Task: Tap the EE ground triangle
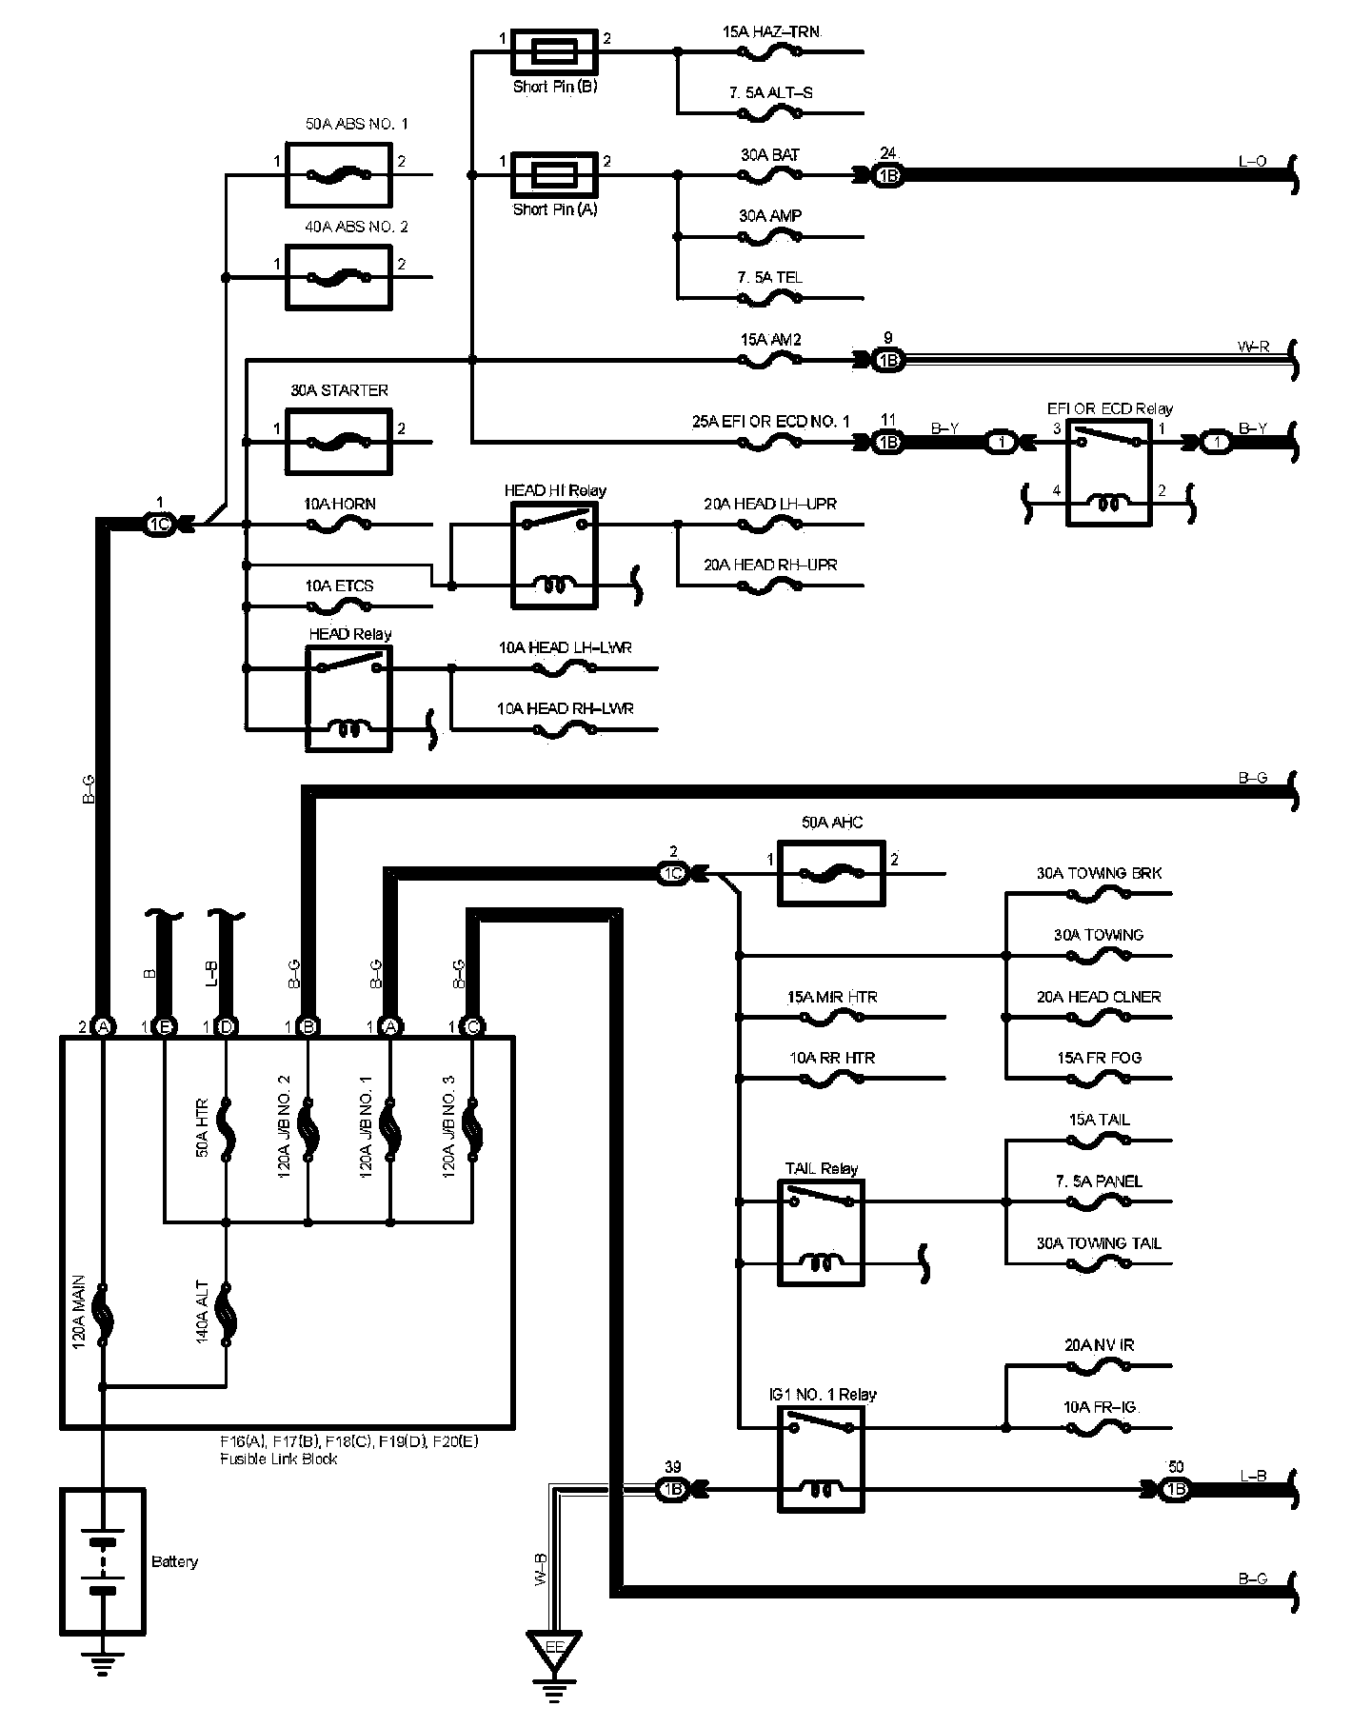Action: click(x=555, y=1649)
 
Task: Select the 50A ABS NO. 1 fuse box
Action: click(x=339, y=175)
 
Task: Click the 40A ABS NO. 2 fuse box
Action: click(x=339, y=277)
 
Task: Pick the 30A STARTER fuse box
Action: click(x=339, y=442)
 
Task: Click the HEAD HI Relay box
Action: click(x=555, y=555)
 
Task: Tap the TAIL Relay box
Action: click(x=822, y=1233)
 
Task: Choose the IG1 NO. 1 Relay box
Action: click(x=822, y=1459)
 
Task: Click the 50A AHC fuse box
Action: click(x=832, y=873)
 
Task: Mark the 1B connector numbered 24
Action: click(x=887, y=176)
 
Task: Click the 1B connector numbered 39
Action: click(x=673, y=1490)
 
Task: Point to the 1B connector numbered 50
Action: click(x=1175, y=1490)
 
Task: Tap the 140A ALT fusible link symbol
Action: click(x=227, y=1314)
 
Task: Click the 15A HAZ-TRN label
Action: click(x=770, y=32)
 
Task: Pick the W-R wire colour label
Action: click(x=1252, y=347)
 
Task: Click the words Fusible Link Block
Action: click(x=279, y=1459)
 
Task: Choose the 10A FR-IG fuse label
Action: click(x=1100, y=1407)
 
